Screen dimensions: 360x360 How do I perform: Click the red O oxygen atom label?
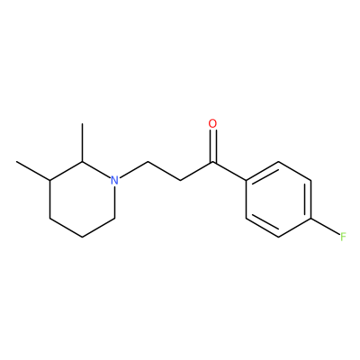(x=212, y=124)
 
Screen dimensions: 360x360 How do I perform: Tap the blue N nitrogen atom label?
(x=114, y=180)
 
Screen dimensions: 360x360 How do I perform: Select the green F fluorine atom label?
(x=343, y=237)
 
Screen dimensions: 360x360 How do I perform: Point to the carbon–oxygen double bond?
(x=212, y=146)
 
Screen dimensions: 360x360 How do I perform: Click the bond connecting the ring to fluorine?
(x=325, y=227)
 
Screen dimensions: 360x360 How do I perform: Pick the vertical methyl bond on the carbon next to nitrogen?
(x=82, y=142)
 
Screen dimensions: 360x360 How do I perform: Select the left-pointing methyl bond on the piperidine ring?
(x=33, y=171)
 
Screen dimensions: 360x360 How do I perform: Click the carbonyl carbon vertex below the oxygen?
(x=212, y=162)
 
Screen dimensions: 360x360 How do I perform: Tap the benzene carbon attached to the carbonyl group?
(x=246, y=181)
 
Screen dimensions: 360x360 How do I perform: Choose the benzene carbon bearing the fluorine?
(x=311, y=219)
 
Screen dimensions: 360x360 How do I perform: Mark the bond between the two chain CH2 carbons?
(x=164, y=171)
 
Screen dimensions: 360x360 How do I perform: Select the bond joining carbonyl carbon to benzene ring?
(x=229, y=171)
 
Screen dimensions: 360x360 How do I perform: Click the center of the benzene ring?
(x=278, y=200)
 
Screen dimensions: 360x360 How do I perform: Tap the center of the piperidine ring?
(x=82, y=200)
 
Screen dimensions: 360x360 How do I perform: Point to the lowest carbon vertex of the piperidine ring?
(x=82, y=237)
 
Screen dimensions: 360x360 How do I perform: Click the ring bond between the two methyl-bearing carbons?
(x=66, y=171)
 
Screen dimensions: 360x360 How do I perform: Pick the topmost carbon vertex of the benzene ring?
(x=278, y=162)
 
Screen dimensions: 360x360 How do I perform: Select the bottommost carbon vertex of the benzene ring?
(x=278, y=237)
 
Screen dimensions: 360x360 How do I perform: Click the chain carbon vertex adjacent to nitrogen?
(x=148, y=162)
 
